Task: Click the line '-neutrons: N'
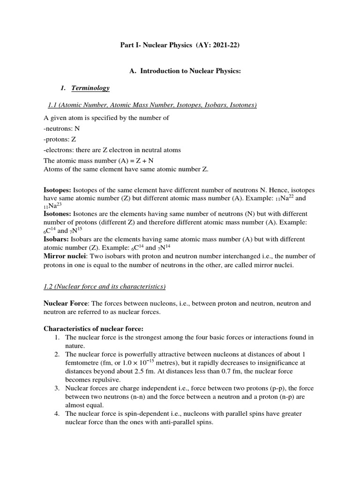coord(62,128)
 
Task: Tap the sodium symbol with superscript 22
coord(295,198)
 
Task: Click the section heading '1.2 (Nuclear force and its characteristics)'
coord(105,286)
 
